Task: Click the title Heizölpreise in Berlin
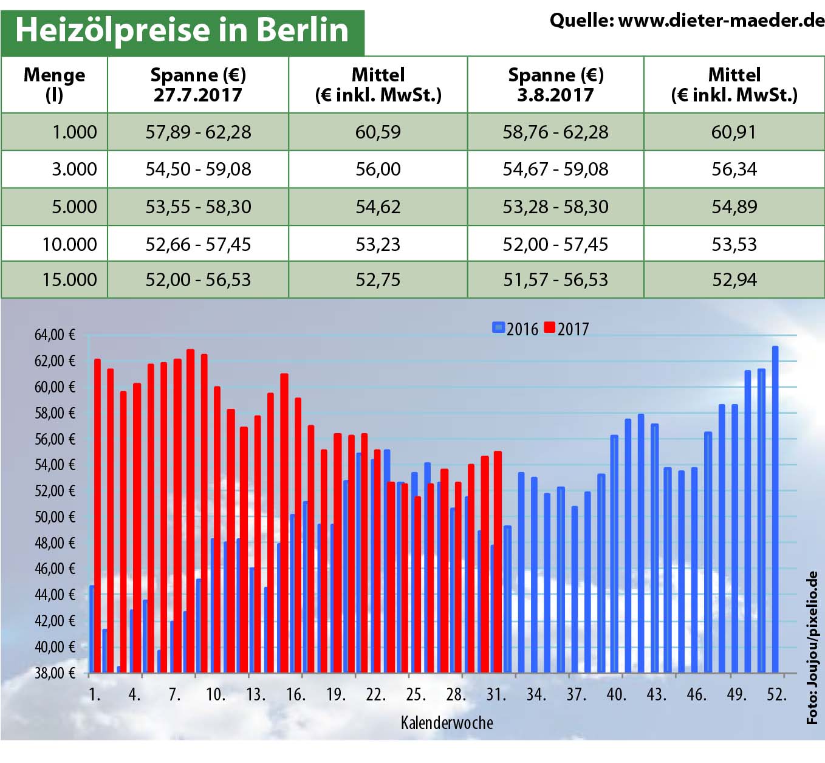tap(182, 30)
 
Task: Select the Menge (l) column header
tap(54, 84)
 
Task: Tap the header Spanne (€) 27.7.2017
tap(198, 84)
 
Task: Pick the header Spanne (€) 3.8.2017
tap(555, 84)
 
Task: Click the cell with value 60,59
tap(378, 132)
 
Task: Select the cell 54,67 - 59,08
tap(555, 169)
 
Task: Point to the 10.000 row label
tap(69, 244)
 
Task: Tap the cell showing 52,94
tap(734, 279)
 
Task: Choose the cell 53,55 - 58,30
tap(198, 207)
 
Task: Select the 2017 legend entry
tap(566, 329)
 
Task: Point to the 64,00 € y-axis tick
tap(55, 335)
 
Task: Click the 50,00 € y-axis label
tap(55, 517)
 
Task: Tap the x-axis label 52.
tap(776, 694)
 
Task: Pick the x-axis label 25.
tap(416, 694)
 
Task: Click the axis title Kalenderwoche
tap(447, 722)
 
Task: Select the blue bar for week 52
tap(775, 510)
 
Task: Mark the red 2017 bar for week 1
tap(97, 516)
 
